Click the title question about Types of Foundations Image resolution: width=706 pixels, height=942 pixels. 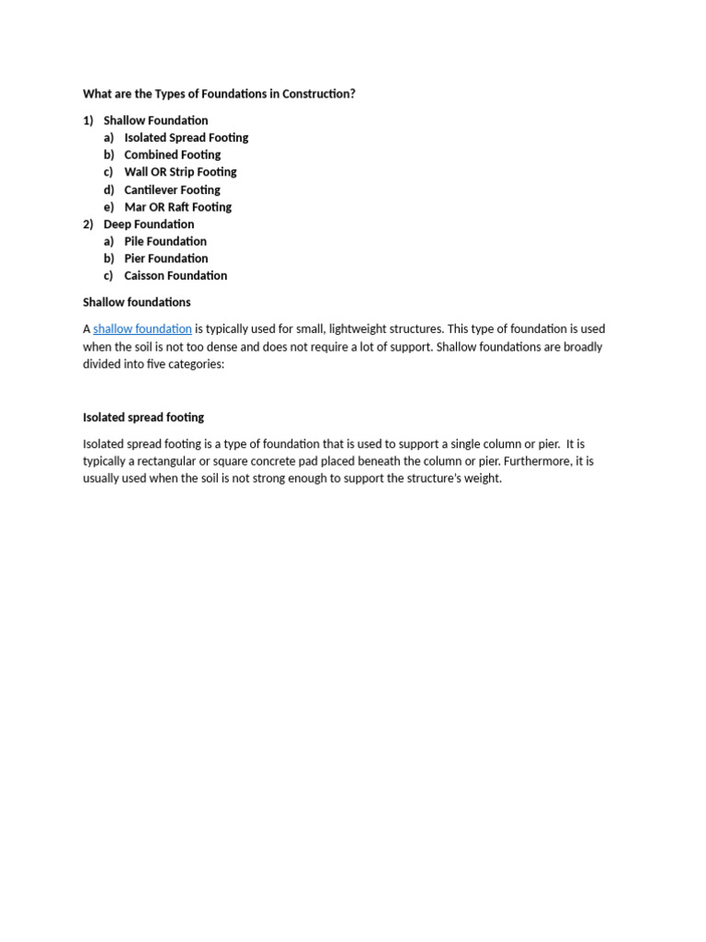tap(219, 94)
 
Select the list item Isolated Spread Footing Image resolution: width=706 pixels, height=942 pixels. tap(186, 138)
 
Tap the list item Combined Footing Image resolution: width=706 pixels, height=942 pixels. tap(172, 155)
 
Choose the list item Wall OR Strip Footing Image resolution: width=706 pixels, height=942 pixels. tap(180, 172)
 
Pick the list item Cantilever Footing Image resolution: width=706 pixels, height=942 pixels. tap(172, 190)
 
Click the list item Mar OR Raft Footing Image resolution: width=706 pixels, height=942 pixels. tap(177, 207)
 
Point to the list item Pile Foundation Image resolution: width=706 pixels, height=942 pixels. tap(165, 241)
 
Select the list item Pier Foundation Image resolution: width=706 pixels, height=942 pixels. tap(165, 258)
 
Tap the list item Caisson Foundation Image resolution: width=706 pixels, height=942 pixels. tap(176, 276)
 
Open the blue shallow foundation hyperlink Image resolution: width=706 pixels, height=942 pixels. tap(142, 329)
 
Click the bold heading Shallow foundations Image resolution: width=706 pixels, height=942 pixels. tap(137, 302)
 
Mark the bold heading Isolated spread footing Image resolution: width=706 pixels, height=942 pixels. tap(143, 418)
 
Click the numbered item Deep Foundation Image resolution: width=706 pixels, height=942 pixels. tap(149, 224)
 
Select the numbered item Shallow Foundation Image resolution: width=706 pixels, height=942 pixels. tap(155, 121)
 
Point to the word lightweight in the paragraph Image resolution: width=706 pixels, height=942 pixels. tap(365, 329)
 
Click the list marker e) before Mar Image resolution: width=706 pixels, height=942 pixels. tap(108, 207)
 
